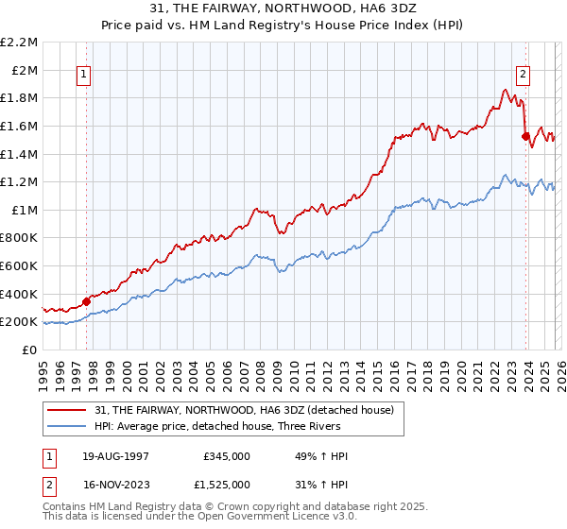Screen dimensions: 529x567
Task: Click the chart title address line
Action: point(283,9)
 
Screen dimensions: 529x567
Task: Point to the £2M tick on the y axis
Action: point(25,70)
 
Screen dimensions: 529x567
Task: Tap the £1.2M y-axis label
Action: point(20,181)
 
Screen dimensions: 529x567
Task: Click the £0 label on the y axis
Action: point(30,350)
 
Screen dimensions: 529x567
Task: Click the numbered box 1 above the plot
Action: point(84,77)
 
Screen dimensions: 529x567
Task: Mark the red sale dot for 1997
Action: point(86,301)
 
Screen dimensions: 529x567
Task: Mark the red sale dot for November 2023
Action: point(524,136)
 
